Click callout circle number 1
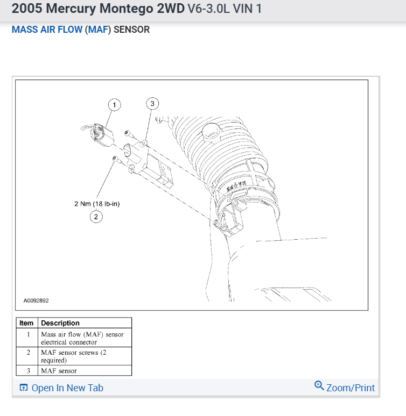(114, 104)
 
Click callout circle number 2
(96, 217)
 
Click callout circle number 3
(152, 104)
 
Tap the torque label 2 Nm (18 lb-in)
(96, 204)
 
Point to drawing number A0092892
(36, 301)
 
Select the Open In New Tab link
(67, 388)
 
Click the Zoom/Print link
(351, 388)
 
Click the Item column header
(26, 323)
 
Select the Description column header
(60, 323)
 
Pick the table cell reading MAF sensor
(59, 371)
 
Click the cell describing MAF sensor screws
(70, 356)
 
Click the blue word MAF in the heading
(99, 30)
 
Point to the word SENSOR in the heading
(131, 30)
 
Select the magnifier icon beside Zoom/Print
(319, 386)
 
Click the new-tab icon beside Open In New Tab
(24, 388)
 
